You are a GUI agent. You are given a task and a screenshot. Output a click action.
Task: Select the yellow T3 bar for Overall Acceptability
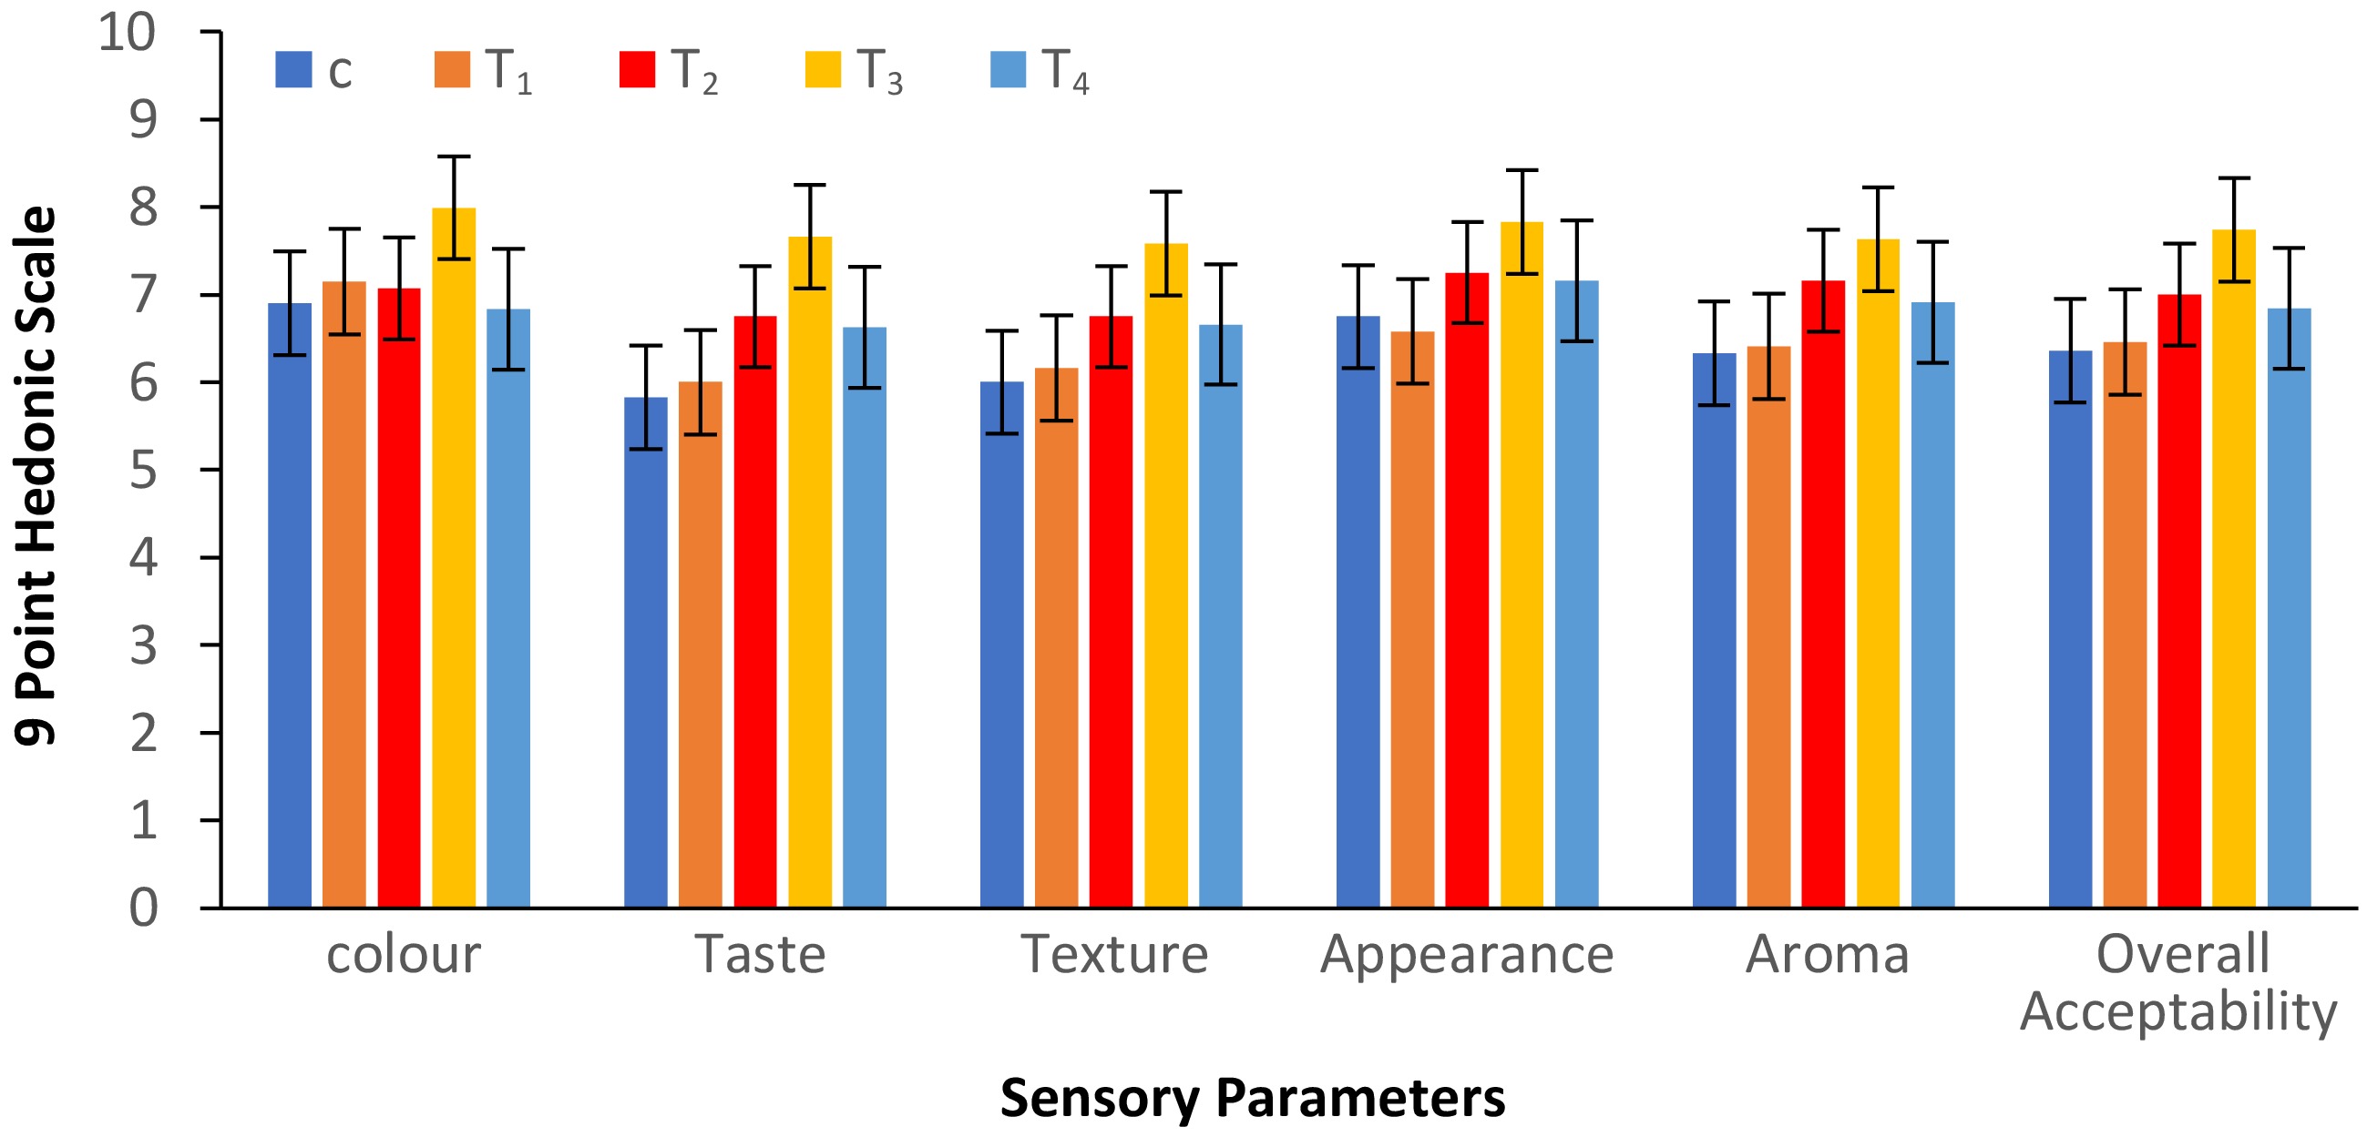tap(2234, 570)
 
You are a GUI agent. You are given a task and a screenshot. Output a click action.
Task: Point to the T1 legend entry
tap(483, 71)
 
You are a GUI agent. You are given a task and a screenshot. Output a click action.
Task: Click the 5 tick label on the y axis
tap(143, 472)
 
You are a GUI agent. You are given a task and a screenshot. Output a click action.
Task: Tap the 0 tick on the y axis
tap(143, 908)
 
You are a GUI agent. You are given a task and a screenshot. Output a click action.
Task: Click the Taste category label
tap(760, 954)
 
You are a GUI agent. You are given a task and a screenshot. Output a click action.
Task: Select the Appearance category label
tap(1467, 956)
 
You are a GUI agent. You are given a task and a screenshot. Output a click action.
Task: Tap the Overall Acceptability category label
tap(2180, 983)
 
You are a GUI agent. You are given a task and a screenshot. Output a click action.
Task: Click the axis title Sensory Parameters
tap(1253, 1098)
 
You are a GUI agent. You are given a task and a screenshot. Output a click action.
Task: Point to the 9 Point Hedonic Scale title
tap(36, 475)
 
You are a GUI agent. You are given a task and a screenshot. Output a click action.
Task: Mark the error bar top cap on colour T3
tap(454, 157)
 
